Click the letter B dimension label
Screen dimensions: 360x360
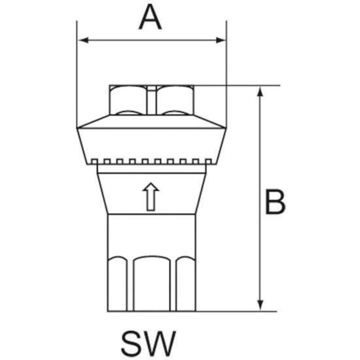(x=275, y=202)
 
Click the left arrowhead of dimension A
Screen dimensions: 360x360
(x=83, y=40)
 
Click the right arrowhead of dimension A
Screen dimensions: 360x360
(x=220, y=40)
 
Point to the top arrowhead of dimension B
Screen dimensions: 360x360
(x=260, y=91)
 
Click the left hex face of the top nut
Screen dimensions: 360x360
(x=128, y=100)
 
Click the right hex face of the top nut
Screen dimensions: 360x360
(x=175, y=100)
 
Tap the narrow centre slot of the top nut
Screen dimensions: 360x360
(x=152, y=100)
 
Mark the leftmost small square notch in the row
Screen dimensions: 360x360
(x=94, y=162)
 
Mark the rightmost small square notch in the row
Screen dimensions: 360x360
(x=208, y=162)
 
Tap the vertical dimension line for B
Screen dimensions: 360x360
(x=260, y=198)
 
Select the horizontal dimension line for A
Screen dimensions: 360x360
(x=152, y=40)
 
